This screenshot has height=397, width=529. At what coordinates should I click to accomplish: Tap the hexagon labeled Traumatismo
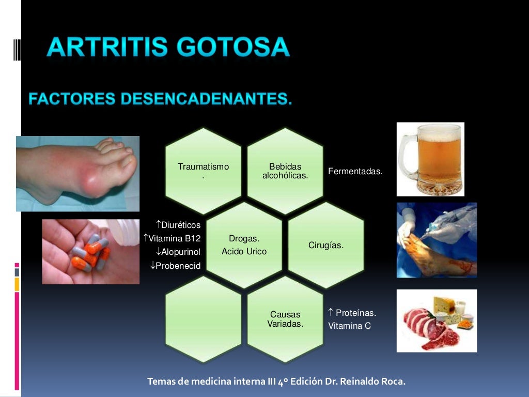[x=203, y=171]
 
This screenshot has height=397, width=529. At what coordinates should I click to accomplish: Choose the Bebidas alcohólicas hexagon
[x=285, y=171]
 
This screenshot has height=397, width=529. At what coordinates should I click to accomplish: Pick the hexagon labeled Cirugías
[x=326, y=245]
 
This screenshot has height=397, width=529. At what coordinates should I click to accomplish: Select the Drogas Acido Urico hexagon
[x=244, y=245]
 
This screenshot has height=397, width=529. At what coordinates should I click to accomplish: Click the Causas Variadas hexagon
[x=285, y=319]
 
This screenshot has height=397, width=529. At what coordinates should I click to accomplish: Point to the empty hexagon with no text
[x=203, y=319]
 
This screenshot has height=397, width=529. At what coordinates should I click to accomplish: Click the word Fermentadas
[x=355, y=172]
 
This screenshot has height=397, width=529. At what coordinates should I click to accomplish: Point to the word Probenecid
[x=178, y=265]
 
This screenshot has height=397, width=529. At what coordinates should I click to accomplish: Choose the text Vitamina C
[x=349, y=326]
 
